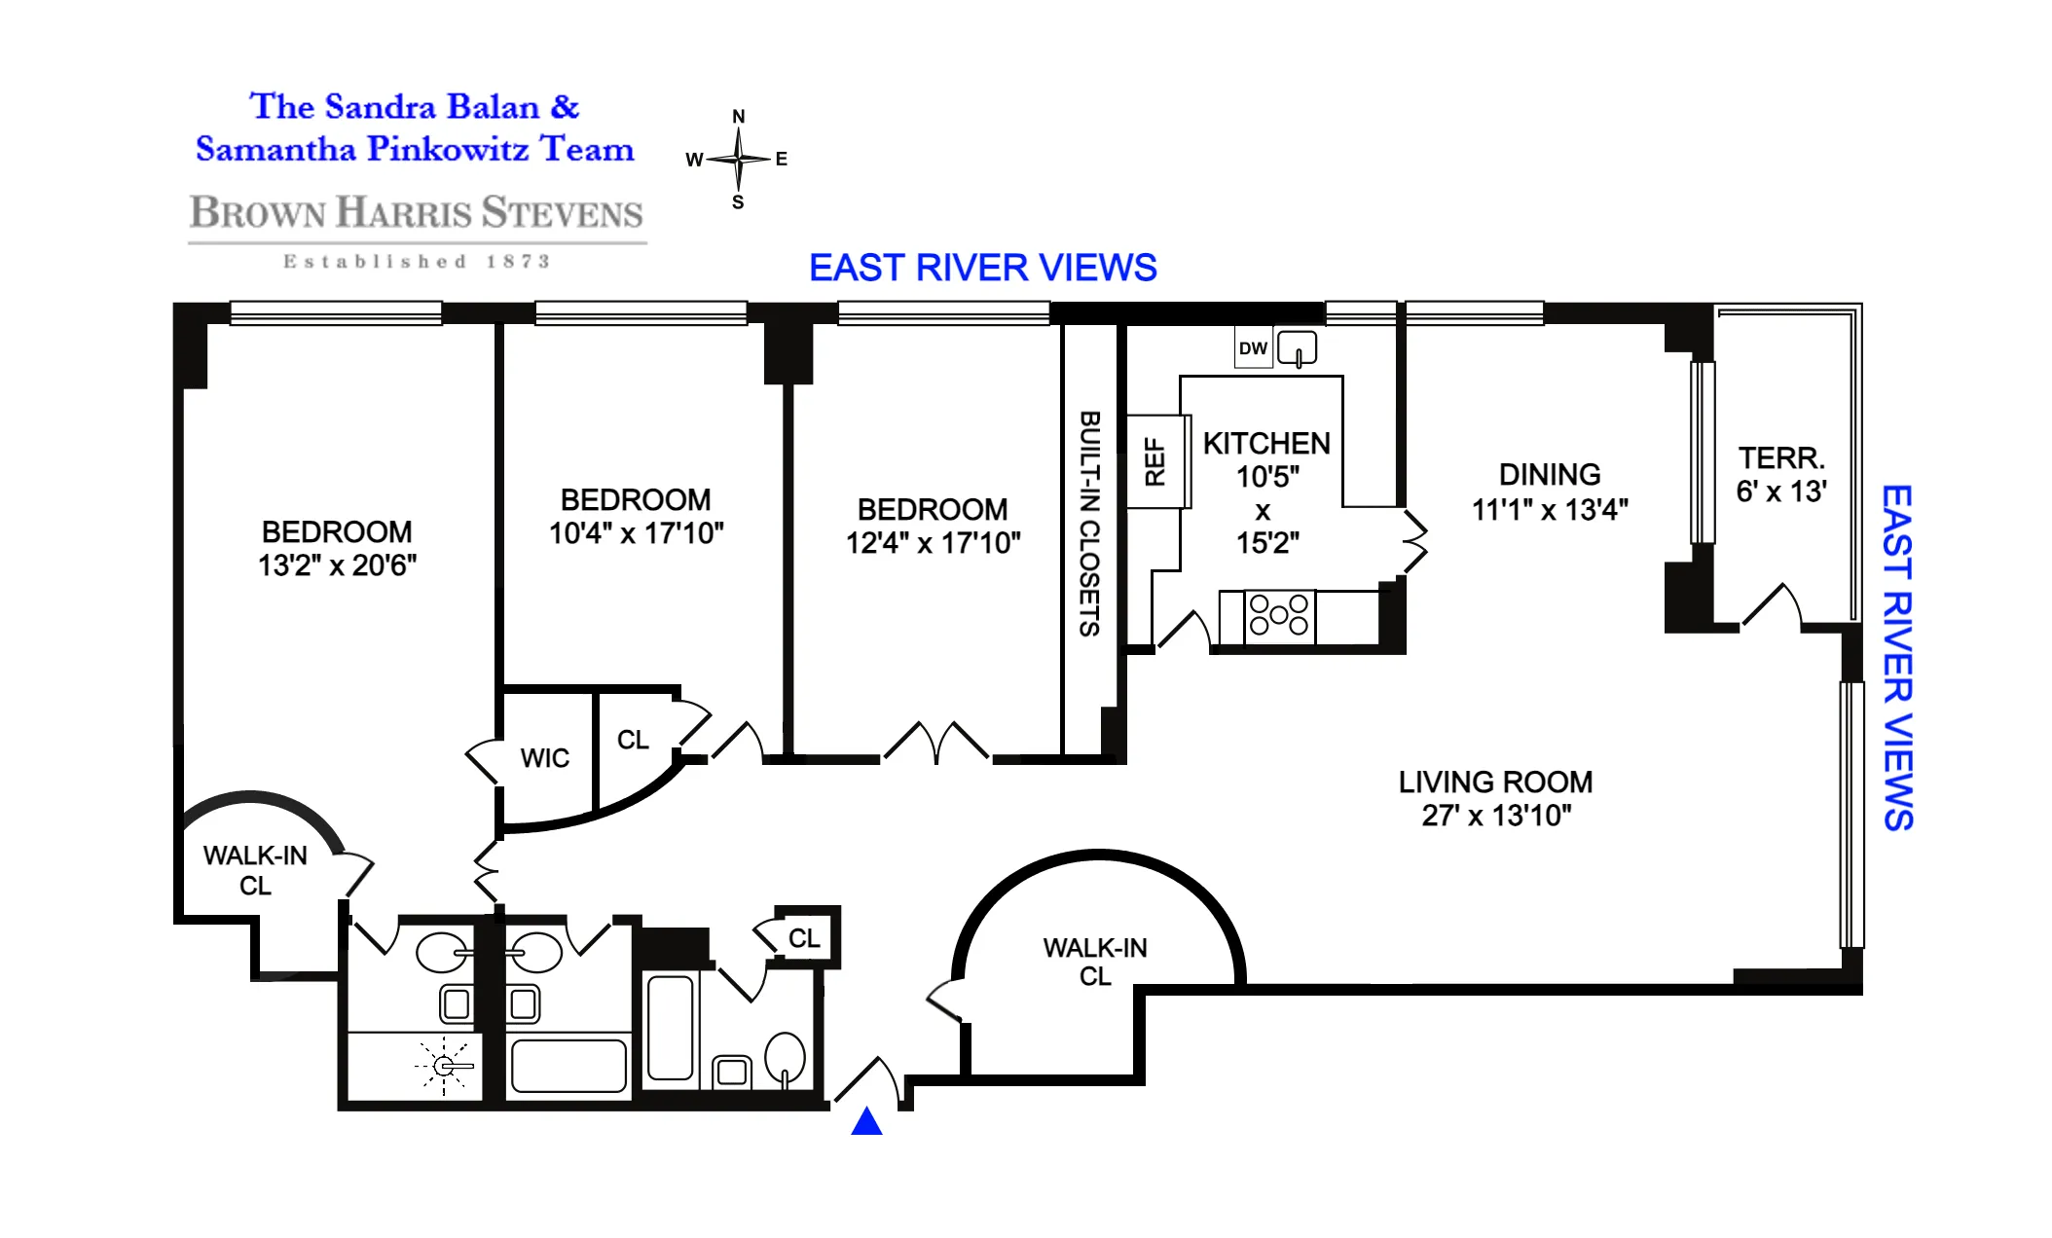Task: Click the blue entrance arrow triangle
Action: pyautogui.click(x=866, y=1123)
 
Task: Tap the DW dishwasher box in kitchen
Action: pyautogui.click(x=1253, y=348)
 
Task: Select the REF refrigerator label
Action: pyautogui.click(x=1155, y=461)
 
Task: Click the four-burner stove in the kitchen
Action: pyautogui.click(x=1279, y=616)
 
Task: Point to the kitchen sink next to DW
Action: pyautogui.click(x=1298, y=348)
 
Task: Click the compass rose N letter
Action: pyautogui.click(x=739, y=117)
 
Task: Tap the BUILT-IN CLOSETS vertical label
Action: pyautogui.click(x=1090, y=524)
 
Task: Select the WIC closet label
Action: pyautogui.click(x=544, y=758)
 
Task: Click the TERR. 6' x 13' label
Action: pyautogui.click(x=1781, y=475)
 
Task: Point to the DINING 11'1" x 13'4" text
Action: pyautogui.click(x=1550, y=492)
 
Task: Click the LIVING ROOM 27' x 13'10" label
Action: pyautogui.click(x=1495, y=798)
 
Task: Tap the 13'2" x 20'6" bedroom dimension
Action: pyautogui.click(x=337, y=565)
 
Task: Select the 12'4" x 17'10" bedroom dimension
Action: pyautogui.click(x=933, y=543)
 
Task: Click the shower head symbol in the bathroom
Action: pyautogui.click(x=444, y=1066)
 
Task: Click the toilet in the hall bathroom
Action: pyautogui.click(x=786, y=1058)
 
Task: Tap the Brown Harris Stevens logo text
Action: pyautogui.click(x=417, y=213)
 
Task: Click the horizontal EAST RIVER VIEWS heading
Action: pyautogui.click(x=982, y=268)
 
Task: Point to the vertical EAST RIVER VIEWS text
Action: pyautogui.click(x=1896, y=658)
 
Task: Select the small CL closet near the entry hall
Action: pyautogui.click(x=804, y=938)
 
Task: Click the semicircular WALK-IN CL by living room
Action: pyautogui.click(x=1095, y=962)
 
